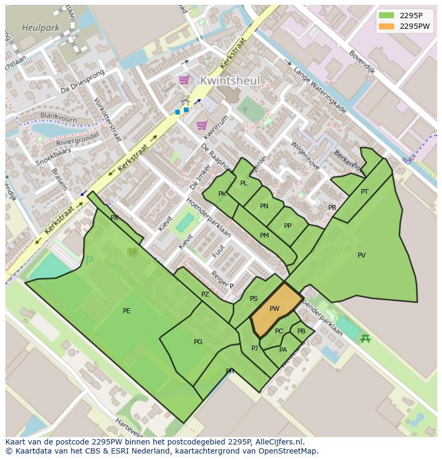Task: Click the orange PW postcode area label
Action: [x=274, y=309]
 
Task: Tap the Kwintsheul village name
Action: [x=230, y=81]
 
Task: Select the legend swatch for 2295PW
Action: [x=386, y=26]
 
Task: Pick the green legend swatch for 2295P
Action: [x=386, y=15]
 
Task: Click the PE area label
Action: [x=127, y=311]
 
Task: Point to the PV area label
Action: [x=361, y=255]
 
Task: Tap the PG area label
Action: [x=198, y=342]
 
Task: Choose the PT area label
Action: [x=365, y=192]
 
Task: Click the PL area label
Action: [x=244, y=183]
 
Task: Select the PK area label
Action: [x=222, y=194]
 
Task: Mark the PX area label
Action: [x=114, y=218]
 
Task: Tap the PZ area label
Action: [x=206, y=294]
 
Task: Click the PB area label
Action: [x=302, y=331]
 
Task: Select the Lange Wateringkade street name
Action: [x=320, y=90]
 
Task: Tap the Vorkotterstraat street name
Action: [x=107, y=119]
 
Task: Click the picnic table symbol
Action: [x=365, y=338]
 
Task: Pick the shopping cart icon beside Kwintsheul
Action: [x=184, y=80]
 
